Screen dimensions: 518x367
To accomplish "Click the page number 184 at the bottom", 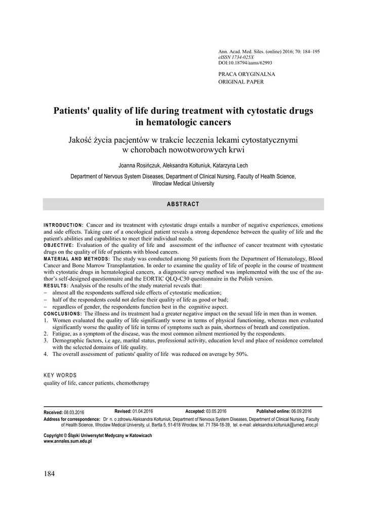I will point(49,474).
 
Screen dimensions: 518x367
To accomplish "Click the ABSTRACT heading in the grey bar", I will point(183,204).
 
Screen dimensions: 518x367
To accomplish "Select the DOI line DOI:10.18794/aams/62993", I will point(245,63).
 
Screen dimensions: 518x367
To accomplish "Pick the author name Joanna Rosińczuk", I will point(140,165).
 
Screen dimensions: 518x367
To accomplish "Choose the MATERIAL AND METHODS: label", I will point(76,259).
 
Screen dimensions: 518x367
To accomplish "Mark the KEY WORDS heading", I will point(60,375).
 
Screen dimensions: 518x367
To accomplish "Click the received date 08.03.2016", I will point(74,412).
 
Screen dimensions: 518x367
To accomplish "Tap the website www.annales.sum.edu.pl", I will point(68,442).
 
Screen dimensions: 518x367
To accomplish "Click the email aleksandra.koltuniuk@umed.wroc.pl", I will point(279,426).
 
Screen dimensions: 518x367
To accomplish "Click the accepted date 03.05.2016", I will point(216,411).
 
